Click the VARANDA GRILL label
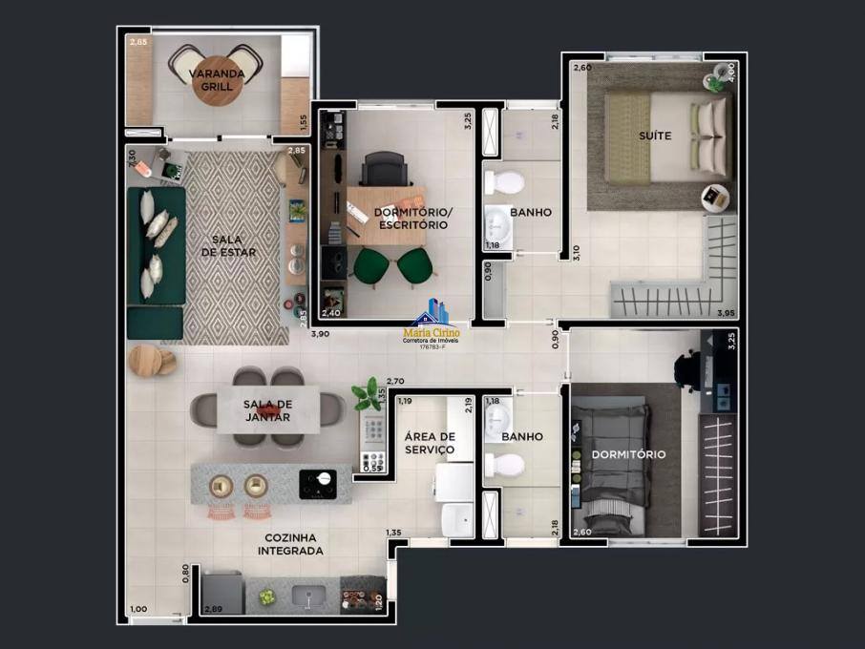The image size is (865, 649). [216, 79]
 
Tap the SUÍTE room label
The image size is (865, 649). [655, 136]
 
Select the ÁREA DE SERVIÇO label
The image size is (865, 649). [430, 443]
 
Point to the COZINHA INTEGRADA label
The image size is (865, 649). [291, 544]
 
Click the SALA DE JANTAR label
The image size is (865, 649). [267, 410]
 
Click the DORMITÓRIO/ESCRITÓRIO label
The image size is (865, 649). [411, 219]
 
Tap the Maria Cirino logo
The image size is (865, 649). [434, 324]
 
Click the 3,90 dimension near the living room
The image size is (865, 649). [322, 333]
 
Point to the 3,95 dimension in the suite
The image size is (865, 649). [727, 312]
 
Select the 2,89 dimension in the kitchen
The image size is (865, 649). [213, 609]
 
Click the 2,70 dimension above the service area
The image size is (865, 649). [395, 381]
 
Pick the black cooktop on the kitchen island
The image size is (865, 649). [319, 482]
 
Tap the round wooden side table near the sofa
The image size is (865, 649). [146, 359]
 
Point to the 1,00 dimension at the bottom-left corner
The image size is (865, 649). [139, 609]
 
